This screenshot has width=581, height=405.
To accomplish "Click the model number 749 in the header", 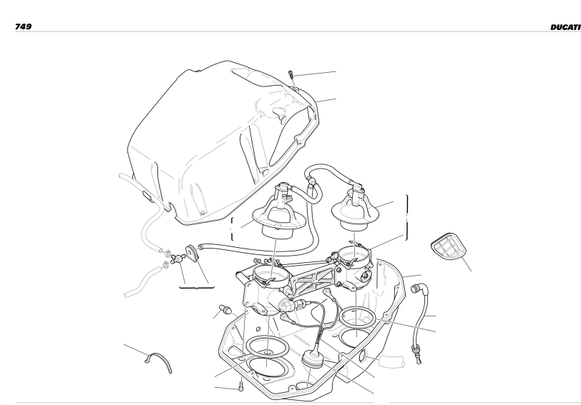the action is click(x=23, y=26).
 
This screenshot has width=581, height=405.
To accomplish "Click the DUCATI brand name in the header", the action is click(x=565, y=27).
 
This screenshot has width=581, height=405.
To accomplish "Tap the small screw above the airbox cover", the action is click(x=291, y=74).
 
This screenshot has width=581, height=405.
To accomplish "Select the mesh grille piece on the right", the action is click(x=449, y=246).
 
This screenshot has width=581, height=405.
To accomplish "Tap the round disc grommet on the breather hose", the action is click(x=192, y=253).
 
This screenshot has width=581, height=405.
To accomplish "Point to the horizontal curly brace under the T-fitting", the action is click(x=197, y=286).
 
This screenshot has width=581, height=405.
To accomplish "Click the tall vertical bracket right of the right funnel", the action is click(x=407, y=217).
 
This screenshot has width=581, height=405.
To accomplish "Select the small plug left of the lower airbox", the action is click(x=225, y=309).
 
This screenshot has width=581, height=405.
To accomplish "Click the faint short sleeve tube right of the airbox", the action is click(x=391, y=361).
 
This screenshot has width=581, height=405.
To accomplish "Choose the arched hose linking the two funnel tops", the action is click(x=331, y=171).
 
